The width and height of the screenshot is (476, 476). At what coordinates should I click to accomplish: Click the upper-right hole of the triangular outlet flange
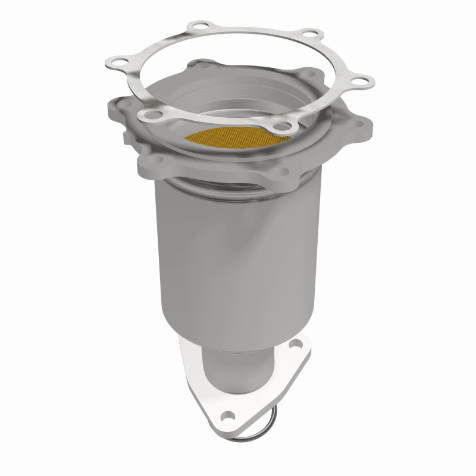point(297,345)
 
